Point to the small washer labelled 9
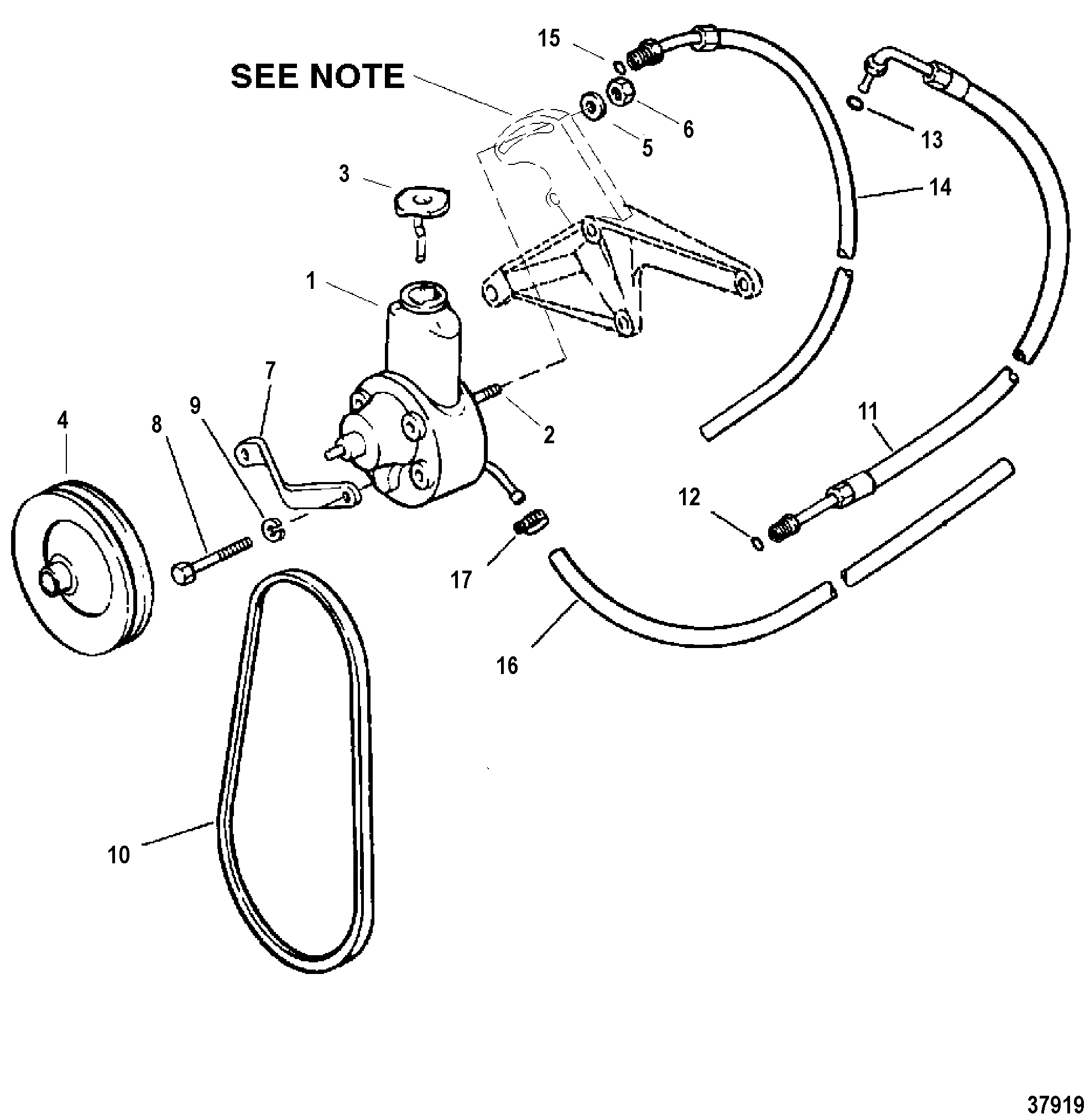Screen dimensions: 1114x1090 click(x=274, y=529)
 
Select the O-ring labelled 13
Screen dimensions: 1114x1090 click(x=854, y=102)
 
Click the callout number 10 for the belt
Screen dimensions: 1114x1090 click(x=119, y=855)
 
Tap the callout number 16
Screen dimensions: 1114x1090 click(x=507, y=666)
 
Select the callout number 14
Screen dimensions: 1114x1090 click(x=940, y=187)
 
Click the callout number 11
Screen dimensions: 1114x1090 click(x=868, y=411)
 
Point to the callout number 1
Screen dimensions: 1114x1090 click(x=311, y=281)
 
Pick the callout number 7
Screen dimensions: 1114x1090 click(x=270, y=371)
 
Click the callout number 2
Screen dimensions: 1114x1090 click(x=549, y=435)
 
